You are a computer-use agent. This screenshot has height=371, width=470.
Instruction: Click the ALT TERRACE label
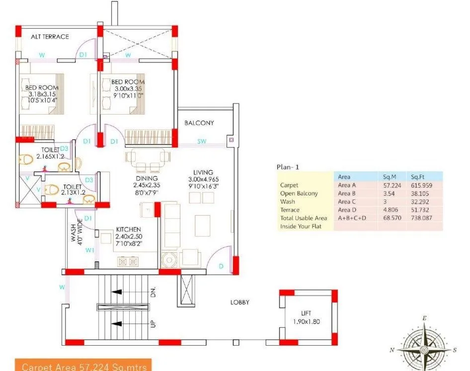coord(50,37)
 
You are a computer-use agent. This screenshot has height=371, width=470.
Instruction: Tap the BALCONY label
coord(199,123)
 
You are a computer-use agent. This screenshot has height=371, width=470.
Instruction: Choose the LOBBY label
coord(239,302)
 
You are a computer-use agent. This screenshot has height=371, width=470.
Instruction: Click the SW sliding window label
coord(201,142)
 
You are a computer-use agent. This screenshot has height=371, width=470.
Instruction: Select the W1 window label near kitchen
coord(89,250)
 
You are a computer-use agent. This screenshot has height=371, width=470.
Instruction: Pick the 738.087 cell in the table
coord(420,218)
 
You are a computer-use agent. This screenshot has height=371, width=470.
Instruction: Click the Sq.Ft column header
coord(416,177)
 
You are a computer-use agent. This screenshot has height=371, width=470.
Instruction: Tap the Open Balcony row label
coord(299,193)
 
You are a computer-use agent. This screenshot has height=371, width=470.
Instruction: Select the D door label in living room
coord(221,266)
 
